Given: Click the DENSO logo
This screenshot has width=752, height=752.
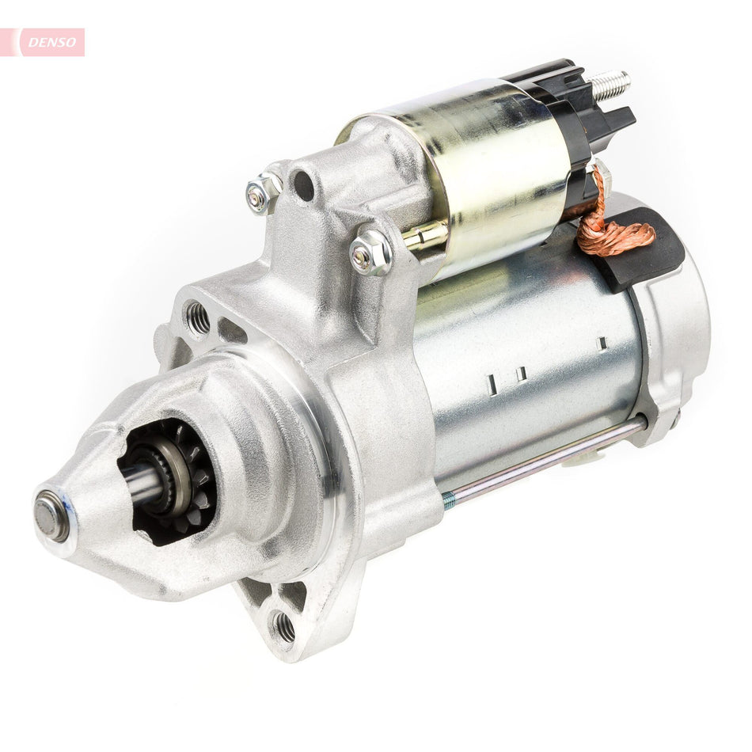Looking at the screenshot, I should coord(51,42).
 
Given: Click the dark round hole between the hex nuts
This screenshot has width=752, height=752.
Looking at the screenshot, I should coord(303,184).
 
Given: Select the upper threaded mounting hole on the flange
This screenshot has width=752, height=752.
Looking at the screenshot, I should coord(198,318).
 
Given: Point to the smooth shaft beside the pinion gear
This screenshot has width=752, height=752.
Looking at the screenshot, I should coord(142,484).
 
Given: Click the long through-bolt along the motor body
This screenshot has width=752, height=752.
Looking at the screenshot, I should coord(546,463).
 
